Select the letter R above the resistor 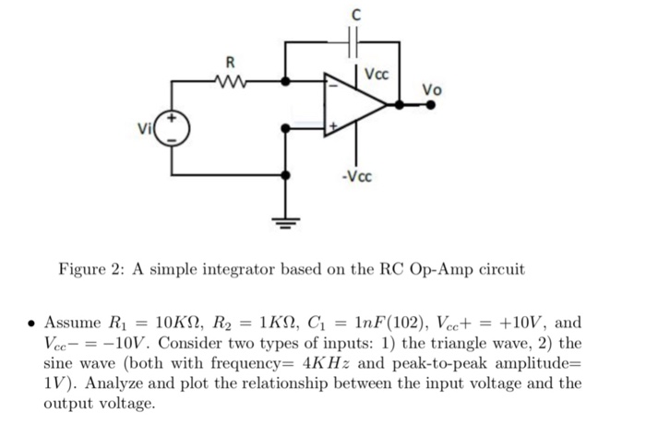tap(231, 62)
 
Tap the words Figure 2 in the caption tap(90, 270)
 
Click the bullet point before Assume tap(31, 324)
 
